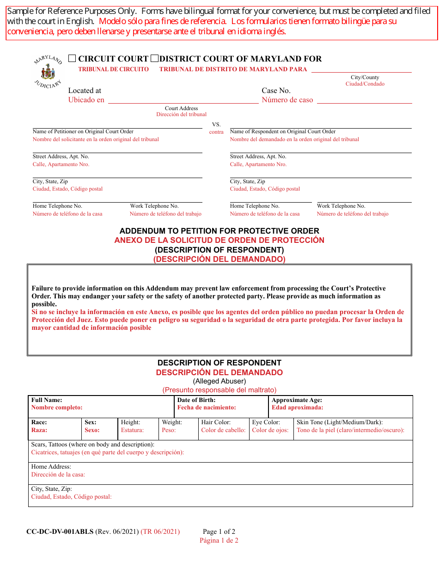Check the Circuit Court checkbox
pos(72,59)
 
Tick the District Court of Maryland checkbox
pos(155,59)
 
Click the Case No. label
pos(276,91)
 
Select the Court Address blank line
pos(183,99)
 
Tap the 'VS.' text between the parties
pos(216,124)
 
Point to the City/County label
pos(365,78)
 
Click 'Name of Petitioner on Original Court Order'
pos(83,132)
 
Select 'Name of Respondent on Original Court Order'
pos(282,132)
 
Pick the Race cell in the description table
pos(55,429)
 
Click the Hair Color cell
pos(223,429)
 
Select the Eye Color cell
pos(270,429)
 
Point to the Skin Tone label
pos(339,422)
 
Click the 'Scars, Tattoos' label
pos(92,445)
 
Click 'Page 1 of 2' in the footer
pos(219,532)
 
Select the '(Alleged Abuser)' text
pos(219,382)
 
